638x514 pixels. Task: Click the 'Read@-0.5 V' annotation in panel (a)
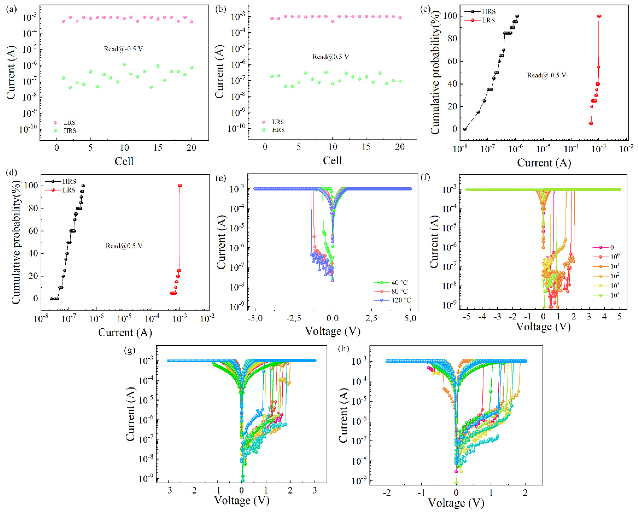tap(123, 49)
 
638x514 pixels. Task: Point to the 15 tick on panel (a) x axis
tap(158, 147)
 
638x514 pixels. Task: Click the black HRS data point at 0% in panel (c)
tap(465, 129)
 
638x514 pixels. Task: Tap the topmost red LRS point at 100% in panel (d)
tap(180, 186)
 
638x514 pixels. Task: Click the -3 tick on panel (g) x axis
tap(168, 491)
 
